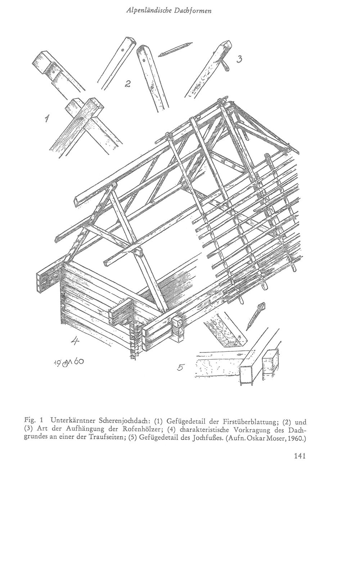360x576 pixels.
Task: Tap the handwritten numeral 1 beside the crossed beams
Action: [46, 118]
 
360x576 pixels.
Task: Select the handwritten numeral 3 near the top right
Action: [239, 59]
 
